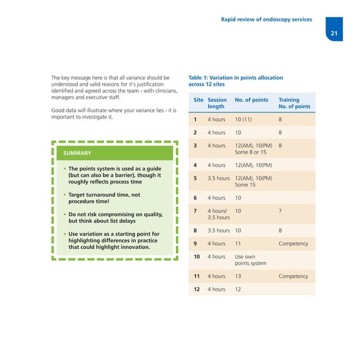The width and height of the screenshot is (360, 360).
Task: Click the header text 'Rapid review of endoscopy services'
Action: click(x=267, y=19)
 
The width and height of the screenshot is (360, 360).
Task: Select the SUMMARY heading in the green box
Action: click(x=77, y=152)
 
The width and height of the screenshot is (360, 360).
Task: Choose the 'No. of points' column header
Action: click(x=251, y=100)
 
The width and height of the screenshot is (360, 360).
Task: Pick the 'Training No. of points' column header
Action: click(x=294, y=103)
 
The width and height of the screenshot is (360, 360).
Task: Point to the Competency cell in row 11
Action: click(x=293, y=276)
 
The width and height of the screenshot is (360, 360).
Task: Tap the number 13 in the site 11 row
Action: click(x=239, y=276)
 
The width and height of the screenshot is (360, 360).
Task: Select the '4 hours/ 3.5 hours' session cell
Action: click(x=218, y=214)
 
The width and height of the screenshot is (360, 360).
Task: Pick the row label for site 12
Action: click(x=195, y=289)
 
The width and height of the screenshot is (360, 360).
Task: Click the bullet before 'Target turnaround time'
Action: click(x=65, y=195)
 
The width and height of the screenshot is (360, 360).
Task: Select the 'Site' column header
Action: click(x=198, y=100)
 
